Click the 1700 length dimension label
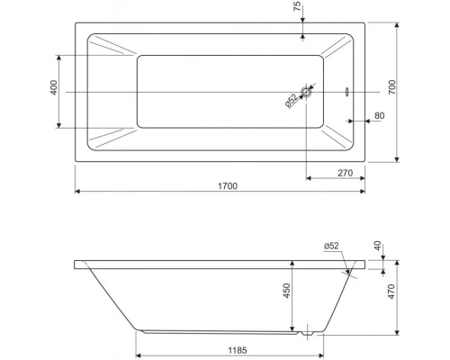click(228, 186)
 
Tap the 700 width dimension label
click(392, 87)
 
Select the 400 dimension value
click(53, 87)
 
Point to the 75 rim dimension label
click(297, 6)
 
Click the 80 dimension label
click(380, 115)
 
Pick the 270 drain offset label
click(346, 173)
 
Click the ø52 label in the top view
click(291, 100)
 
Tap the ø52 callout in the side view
click(331, 246)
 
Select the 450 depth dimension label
click(287, 291)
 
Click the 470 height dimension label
click(391, 292)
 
